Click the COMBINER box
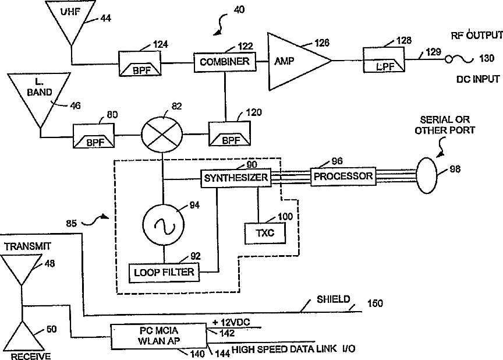225,62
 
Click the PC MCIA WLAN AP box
159,336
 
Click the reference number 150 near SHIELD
375,303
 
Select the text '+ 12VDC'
231,322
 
